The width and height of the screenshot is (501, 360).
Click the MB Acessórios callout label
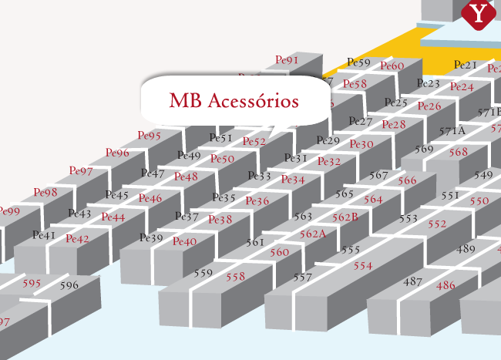pyautogui.click(x=234, y=101)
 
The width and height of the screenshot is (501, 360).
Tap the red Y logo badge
pyautogui.click(x=479, y=13)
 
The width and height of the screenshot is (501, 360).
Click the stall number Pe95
pyautogui.click(x=149, y=136)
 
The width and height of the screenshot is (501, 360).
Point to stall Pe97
pyautogui.click(x=81, y=170)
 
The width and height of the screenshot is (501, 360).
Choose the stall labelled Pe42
pyautogui.click(x=77, y=239)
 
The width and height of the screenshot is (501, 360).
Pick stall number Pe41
pyautogui.click(x=44, y=234)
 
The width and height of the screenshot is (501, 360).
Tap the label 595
pyautogui.click(x=32, y=284)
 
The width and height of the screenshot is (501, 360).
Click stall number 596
pyautogui.click(x=69, y=285)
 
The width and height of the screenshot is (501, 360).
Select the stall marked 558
pyautogui.click(x=235, y=276)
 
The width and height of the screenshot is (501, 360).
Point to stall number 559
pyautogui.click(x=203, y=273)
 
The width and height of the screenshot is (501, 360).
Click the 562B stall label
pyautogui.click(x=345, y=217)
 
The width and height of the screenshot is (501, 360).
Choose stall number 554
pyautogui.click(x=362, y=265)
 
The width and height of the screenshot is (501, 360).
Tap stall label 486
pyautogui.click(x=446, y=285)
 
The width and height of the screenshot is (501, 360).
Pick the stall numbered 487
pyautogui.click(x=413, y=281)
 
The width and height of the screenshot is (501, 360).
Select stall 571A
pyautogui.click(x=452, y=131)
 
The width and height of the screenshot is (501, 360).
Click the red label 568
pyautogui.click(x=458, y=153)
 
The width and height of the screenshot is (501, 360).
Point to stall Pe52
pyautogui.click(x=254, y=142)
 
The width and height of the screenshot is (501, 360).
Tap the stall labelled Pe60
pyautogui.click(x=392, y=66)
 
